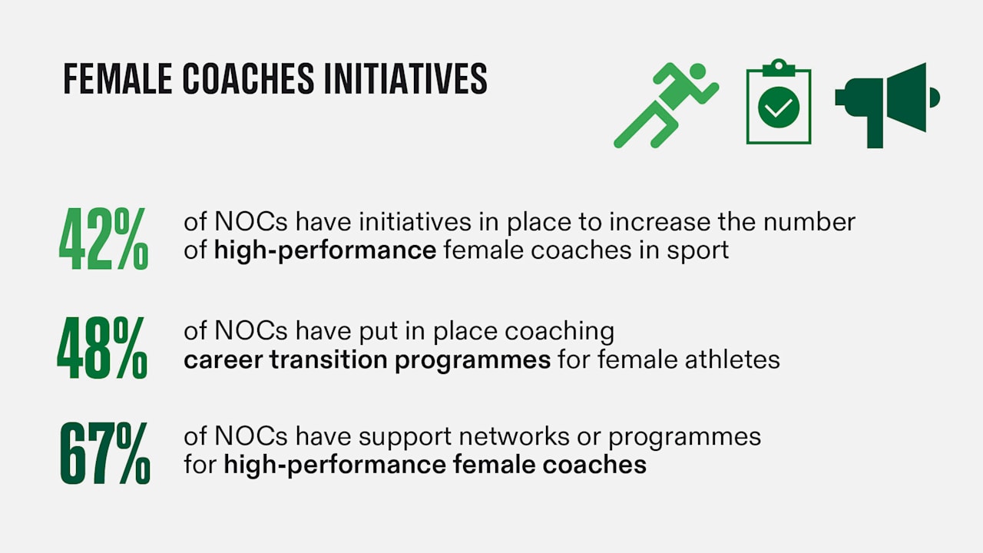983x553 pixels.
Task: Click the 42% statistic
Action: (x=104, y=238)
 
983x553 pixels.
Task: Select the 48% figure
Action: (x=102, y=348)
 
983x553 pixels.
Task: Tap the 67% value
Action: (x=105, y=453)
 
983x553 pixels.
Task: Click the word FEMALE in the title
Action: (x=117, y=78)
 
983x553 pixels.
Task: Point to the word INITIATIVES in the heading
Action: (x=405, y=78)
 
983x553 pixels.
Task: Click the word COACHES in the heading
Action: (x=248, y=78)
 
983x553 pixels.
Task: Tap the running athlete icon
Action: (x=666, y=105)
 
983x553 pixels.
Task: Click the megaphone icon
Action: (x=887, y=105)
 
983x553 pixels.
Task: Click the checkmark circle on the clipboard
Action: (x=779, y=107)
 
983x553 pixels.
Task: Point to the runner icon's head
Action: (x=697, y=71)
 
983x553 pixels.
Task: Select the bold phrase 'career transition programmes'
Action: (x=367, y=360)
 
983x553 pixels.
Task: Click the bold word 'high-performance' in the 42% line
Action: (x=325, y=251)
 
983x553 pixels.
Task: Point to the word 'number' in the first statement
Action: (x=809, y=222)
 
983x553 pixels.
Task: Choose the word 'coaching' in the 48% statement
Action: (x=559, y=333)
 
